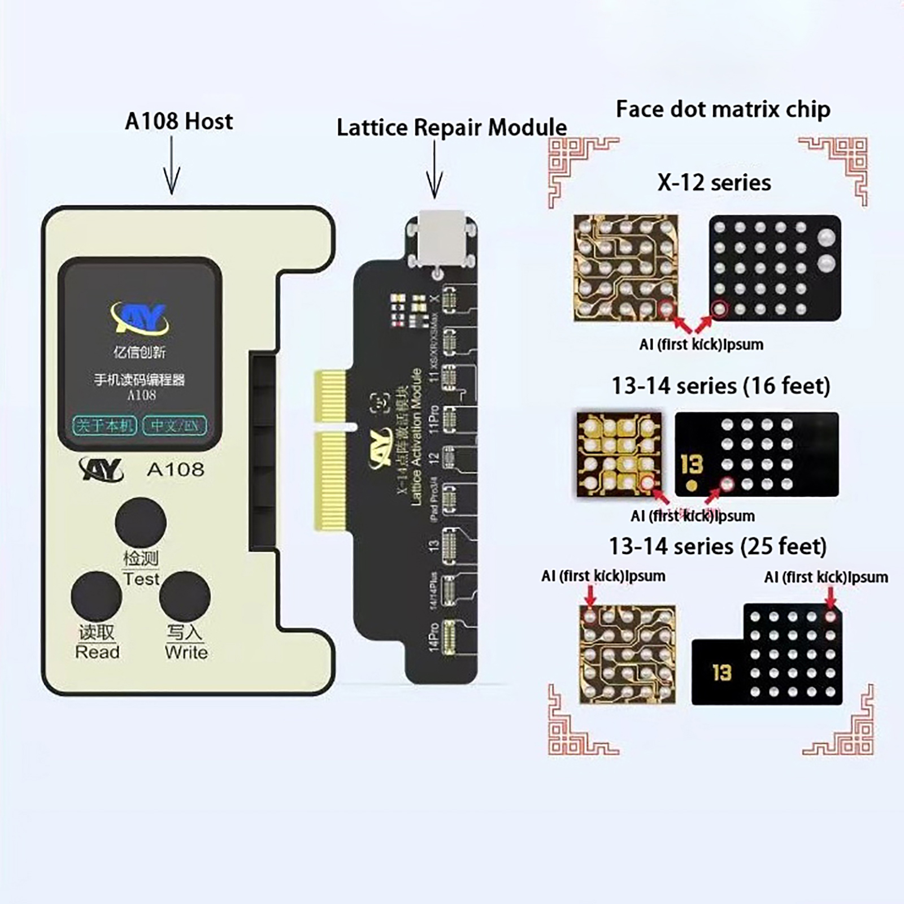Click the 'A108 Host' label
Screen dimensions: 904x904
click(179, 121)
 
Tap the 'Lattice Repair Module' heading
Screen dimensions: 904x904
click(451, 128)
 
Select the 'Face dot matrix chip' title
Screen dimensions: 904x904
click(723, 109)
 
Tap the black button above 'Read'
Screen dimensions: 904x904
click(97, 597)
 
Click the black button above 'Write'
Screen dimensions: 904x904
click(185, 597)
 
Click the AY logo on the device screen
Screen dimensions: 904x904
click(140, 319)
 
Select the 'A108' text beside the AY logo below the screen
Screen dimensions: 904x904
click(175, 470)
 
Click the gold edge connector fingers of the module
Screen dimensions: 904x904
click(330, 450)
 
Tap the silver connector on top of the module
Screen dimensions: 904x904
click(442, 237)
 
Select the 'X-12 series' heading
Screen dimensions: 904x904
click(714, 182)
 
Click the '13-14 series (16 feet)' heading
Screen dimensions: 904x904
click(721, 386)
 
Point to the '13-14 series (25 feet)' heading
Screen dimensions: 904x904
click(718, 546)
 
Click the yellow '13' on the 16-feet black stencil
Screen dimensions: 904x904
click(691, 464)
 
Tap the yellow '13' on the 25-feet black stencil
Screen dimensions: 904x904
click(722, 673)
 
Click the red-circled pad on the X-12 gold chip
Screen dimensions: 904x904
click(666, 308)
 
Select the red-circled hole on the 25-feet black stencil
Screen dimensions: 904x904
click(830, 616)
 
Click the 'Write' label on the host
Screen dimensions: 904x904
click(186, 653)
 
